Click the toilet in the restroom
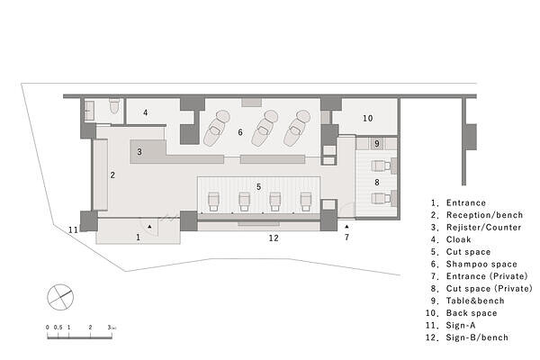[114, 105]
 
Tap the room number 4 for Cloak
[146, 112]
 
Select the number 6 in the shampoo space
[240, 132]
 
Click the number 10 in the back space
[367, 118]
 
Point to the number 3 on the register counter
[139, 151]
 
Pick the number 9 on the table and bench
[377, 143]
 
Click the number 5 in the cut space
[258, 186]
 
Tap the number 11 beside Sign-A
[73, 229]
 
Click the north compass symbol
[60, 297]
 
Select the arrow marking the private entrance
[346, 227]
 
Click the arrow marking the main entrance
[149, 227]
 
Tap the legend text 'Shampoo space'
[481, 265]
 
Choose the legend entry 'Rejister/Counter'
[483, 228]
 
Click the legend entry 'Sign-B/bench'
[477, 337]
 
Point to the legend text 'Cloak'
[458, 239]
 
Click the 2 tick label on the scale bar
[90, 328]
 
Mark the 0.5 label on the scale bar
[58, 328]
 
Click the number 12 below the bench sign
[274, 238]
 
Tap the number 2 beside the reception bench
[112, 175]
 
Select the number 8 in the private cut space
[377, 182]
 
